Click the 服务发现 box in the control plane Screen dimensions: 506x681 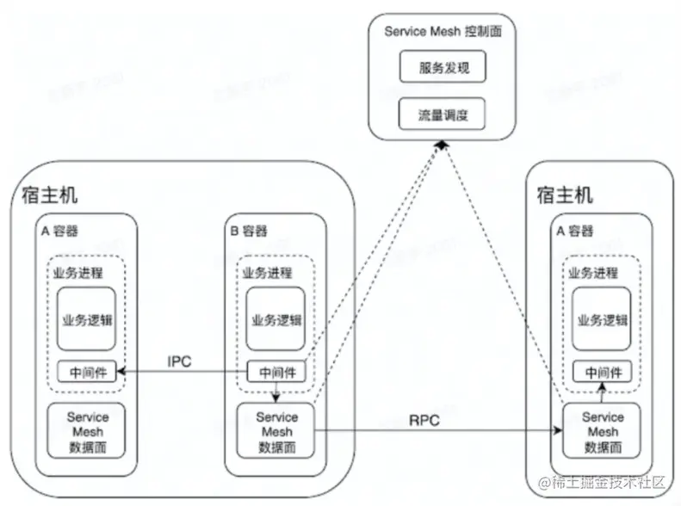coord(443,66)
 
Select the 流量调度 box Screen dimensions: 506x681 coord(443,113)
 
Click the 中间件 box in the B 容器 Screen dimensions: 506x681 coord(275,373)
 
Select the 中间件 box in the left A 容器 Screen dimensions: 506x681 coord(86,373)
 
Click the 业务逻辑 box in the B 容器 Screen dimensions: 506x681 coord(275,319)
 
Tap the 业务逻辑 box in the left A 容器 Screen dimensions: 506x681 coord(87,319)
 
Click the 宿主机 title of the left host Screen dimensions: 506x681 coord(49,194)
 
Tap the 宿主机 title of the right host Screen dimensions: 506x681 coord(565,194)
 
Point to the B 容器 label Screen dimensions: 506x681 coord(249,230)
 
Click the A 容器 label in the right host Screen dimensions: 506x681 coord(576,230)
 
